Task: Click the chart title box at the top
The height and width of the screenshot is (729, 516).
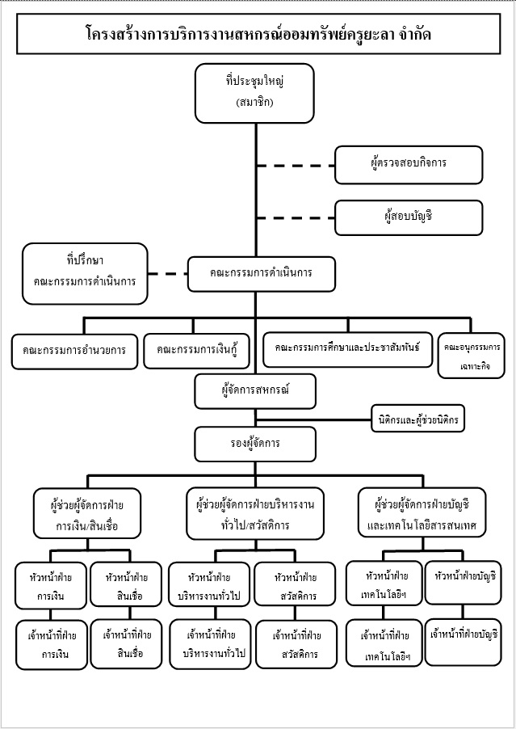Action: point(258,33)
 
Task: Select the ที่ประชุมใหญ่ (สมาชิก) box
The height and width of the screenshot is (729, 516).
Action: point(254,94)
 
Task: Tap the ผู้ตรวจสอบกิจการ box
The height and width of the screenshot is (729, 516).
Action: point(409,165)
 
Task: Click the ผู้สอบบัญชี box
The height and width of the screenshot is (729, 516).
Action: point(409,217)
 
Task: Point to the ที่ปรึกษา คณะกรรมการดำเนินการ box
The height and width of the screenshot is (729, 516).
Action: point(85,274)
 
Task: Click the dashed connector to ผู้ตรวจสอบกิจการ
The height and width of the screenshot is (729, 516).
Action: point(296,166)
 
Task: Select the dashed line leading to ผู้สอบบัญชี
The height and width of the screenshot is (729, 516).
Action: point(296,218)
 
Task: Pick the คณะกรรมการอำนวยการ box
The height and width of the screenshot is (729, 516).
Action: point(75,352)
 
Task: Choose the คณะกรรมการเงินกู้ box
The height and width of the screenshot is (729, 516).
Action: point(197,352)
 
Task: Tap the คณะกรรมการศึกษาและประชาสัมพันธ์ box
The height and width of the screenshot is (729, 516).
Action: point(348,349)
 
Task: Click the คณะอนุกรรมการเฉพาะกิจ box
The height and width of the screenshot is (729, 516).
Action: point(471,356)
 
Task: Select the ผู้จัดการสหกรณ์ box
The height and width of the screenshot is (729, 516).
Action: point(255,391)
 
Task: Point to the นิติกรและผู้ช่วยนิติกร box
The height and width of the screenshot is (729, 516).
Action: point(418,419)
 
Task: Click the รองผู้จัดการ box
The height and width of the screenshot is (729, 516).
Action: point(255,445)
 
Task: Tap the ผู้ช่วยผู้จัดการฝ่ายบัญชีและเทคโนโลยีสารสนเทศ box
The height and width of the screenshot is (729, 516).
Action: point(422,514)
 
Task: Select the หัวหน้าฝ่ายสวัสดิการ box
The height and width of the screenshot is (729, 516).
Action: point(295,584)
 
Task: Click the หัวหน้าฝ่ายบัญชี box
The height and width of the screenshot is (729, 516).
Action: point(464,583)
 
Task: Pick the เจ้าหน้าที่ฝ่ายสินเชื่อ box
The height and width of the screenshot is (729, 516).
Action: point(126,644)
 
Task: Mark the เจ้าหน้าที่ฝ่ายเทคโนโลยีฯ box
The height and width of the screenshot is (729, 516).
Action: point(384,643)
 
